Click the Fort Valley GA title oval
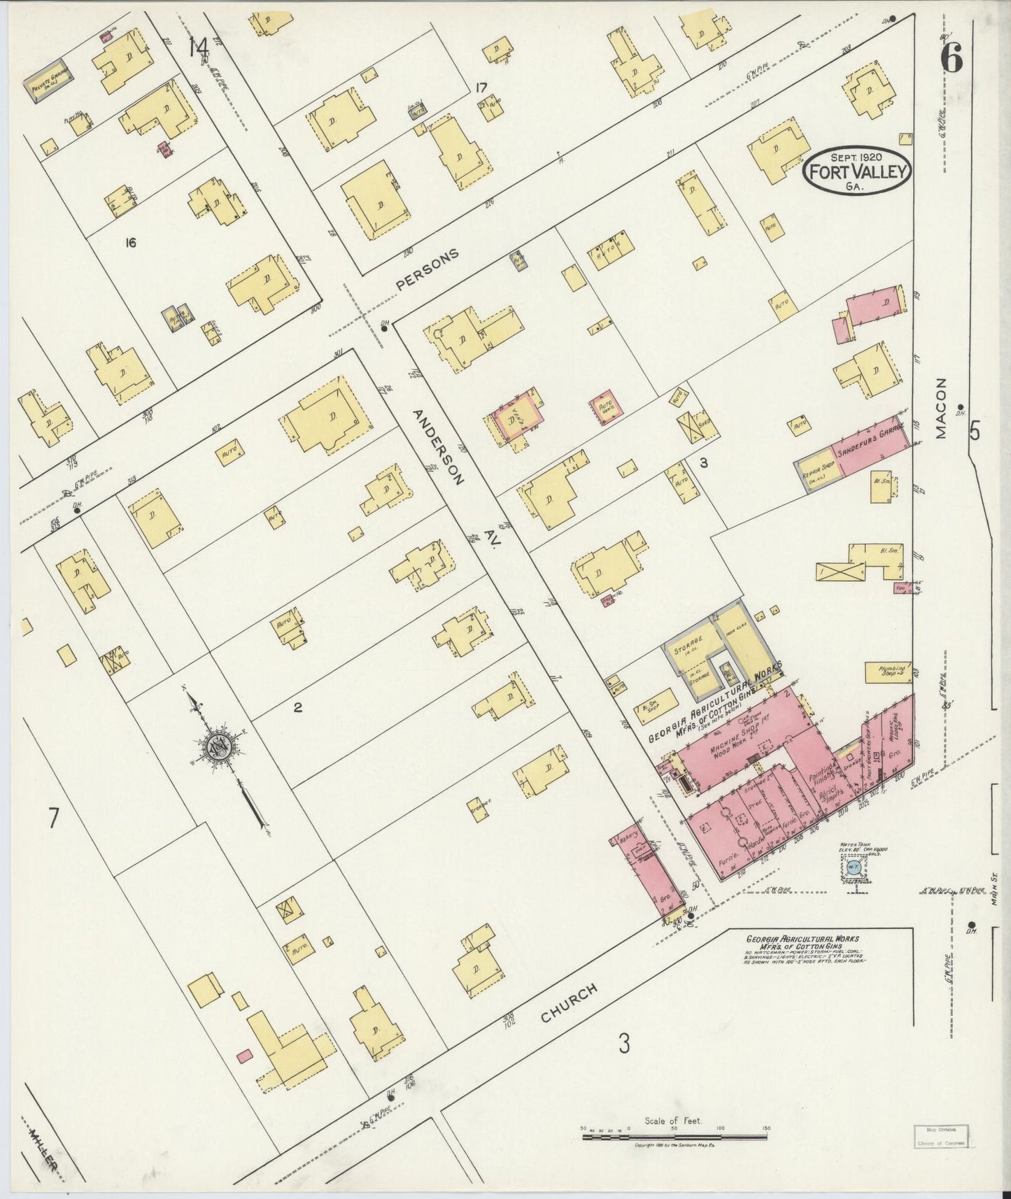pyautogui.click(x=856, y=170)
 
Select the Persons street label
pyautogui.click(x=427, y=270)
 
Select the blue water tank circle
pyautogui.click(x=852, y=868)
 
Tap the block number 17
pyautogui.click(x=481, y=87)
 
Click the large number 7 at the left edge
pyautogui.click(x=53, y=818)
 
